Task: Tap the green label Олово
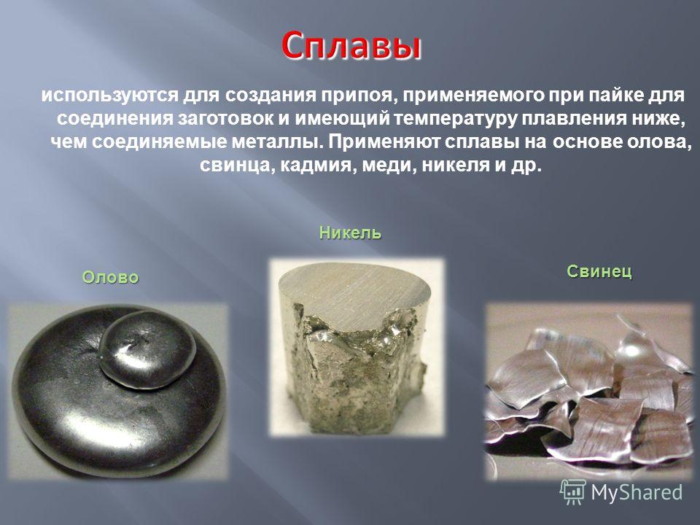pyautogui.click(x=110, y=277)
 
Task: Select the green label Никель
pyautogui.click(x=351, y=233)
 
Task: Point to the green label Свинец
pyautogui.click(x=599, y=271)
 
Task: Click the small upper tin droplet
pyautogui.click(x=147, y=349)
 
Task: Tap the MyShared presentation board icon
pyautogui.click(x=573, y=492)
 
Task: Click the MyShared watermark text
pyautogui.click(x=637, y=492)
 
